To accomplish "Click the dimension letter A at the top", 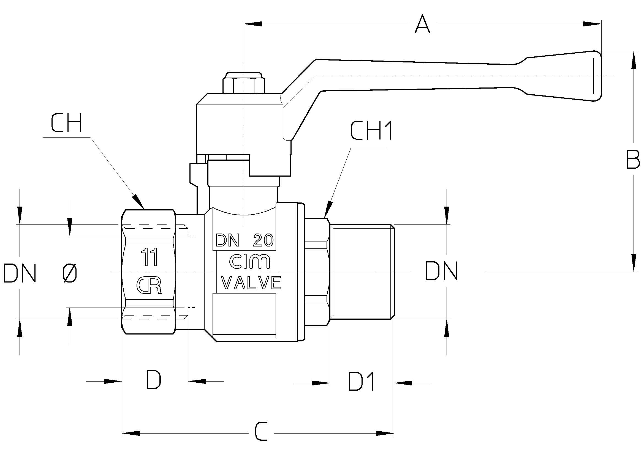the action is click(422, 24).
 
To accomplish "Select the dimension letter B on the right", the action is click(633, 159).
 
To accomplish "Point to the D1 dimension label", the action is click(361, 381).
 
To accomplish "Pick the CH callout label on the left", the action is click(66, 123).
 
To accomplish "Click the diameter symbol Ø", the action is click(70, 273).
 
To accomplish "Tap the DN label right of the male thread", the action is click(441, 271).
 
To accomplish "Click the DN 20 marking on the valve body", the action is click(244, 240).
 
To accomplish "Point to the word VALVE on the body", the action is click(252, 283).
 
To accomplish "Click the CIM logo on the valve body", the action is click(249, 261).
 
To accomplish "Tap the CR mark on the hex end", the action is click(149, 286).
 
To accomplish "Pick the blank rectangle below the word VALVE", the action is click(244, 314).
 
